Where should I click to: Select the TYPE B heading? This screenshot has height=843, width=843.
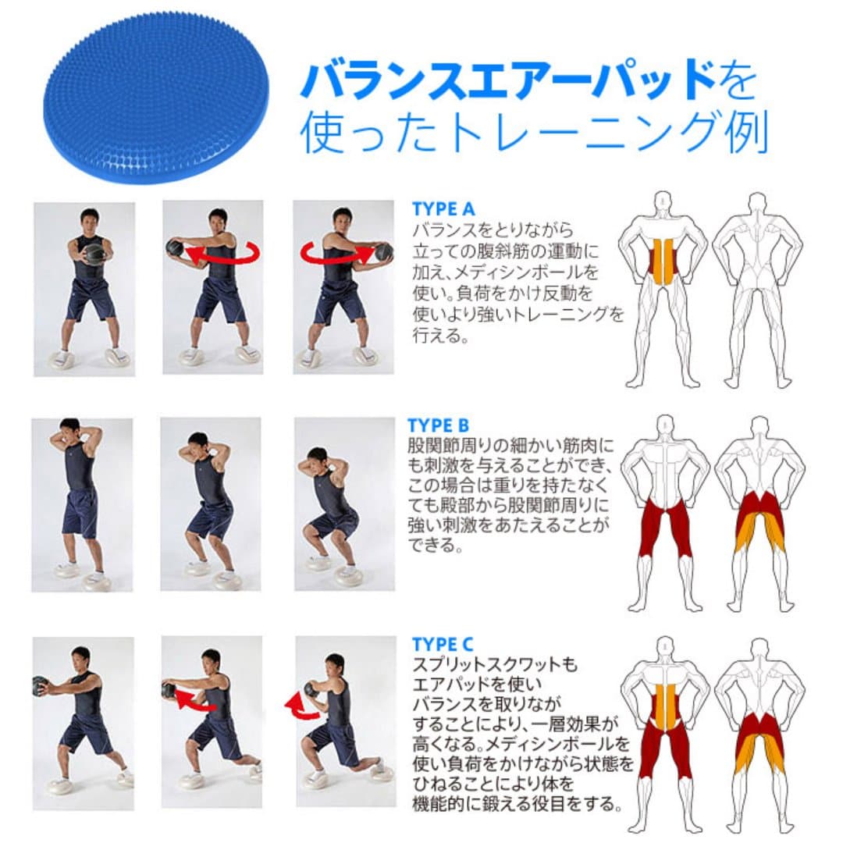click(438, 425)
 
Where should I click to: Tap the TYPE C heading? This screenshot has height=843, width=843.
click(442, 644)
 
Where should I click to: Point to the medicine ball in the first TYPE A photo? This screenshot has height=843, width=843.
click(93, 252)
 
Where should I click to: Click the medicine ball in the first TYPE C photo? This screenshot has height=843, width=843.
click(40, 685)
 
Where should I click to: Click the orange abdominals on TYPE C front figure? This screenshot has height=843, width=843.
click(664, 706)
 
